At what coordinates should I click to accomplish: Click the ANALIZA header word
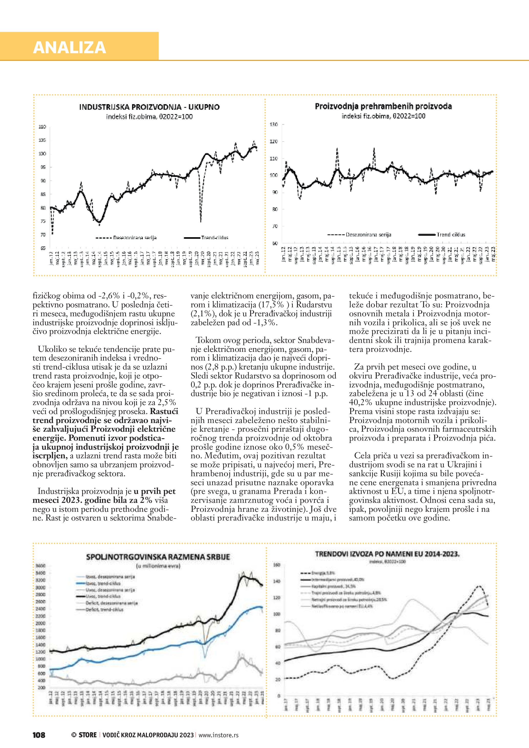pos(69,47)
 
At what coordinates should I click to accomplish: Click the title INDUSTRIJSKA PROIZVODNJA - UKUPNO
pos(149,107)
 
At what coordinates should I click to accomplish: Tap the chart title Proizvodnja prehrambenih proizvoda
pos(383,106)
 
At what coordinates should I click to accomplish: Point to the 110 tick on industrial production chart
pos(42,126)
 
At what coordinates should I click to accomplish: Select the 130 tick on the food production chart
pos(274,124)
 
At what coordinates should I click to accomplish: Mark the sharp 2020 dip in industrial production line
pos(201,222)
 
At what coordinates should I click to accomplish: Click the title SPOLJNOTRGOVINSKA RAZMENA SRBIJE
pos(158,557)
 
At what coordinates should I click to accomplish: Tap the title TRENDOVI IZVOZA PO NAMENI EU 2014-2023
pos(387,554)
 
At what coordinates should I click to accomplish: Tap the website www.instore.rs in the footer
pos(218,735)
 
